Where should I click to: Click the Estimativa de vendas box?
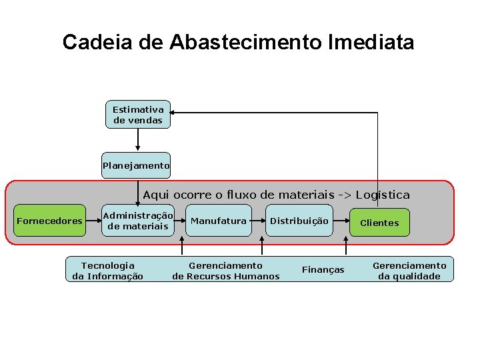[138, 115]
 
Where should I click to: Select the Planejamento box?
[136, 165]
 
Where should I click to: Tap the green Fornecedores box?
[50, 221]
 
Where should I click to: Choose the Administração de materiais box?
[138, 221]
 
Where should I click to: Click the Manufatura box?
[219, 221]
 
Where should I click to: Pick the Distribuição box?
[299, 221]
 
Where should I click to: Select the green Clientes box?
[379, 223]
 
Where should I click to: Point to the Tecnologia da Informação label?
[107, 271]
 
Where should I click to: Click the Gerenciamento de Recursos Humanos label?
[226, 271]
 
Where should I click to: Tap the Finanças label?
[323, 269]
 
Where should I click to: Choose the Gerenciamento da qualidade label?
[409, 271]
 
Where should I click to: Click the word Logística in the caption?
[383, 195]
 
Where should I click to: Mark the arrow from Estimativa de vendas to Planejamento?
[138, 139]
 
